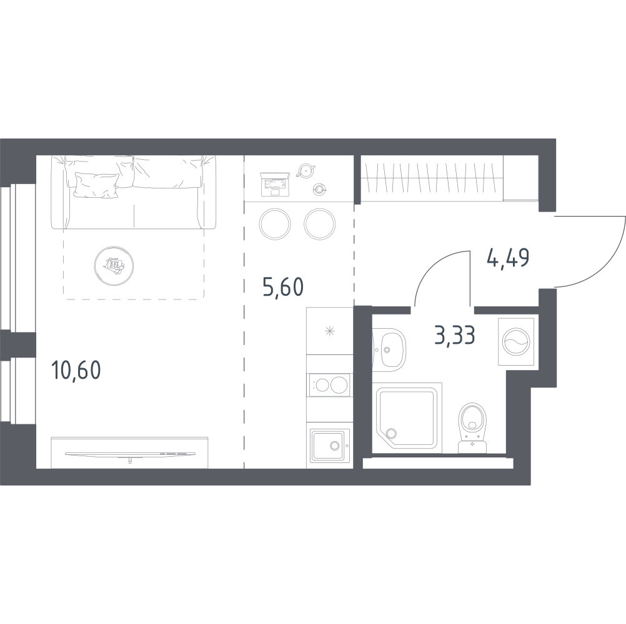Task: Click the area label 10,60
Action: (x=76, y=370)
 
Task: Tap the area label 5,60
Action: (x=283, y=287)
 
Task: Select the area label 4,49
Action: (x=508, y=258)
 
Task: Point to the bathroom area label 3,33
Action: (x=455, y=335)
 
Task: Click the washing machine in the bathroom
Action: (x=516, y=342)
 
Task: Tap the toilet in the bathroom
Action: (x=473, y=427)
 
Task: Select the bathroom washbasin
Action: (x=389, y=349)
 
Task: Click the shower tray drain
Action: (x=390, y=433)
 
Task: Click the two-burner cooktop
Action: (x=330, y=385)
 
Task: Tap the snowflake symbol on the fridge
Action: (x=330, y=331)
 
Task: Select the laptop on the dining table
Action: (x=275, y=185)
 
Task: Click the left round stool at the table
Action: (x=275, y=223)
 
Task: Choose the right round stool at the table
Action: (x=320, y=223)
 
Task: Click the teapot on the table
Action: (x=306, y=170)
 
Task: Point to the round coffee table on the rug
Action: (x=114, y=266)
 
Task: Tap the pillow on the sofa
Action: (x=97, y=185)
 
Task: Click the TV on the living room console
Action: (x=130, y=454)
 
